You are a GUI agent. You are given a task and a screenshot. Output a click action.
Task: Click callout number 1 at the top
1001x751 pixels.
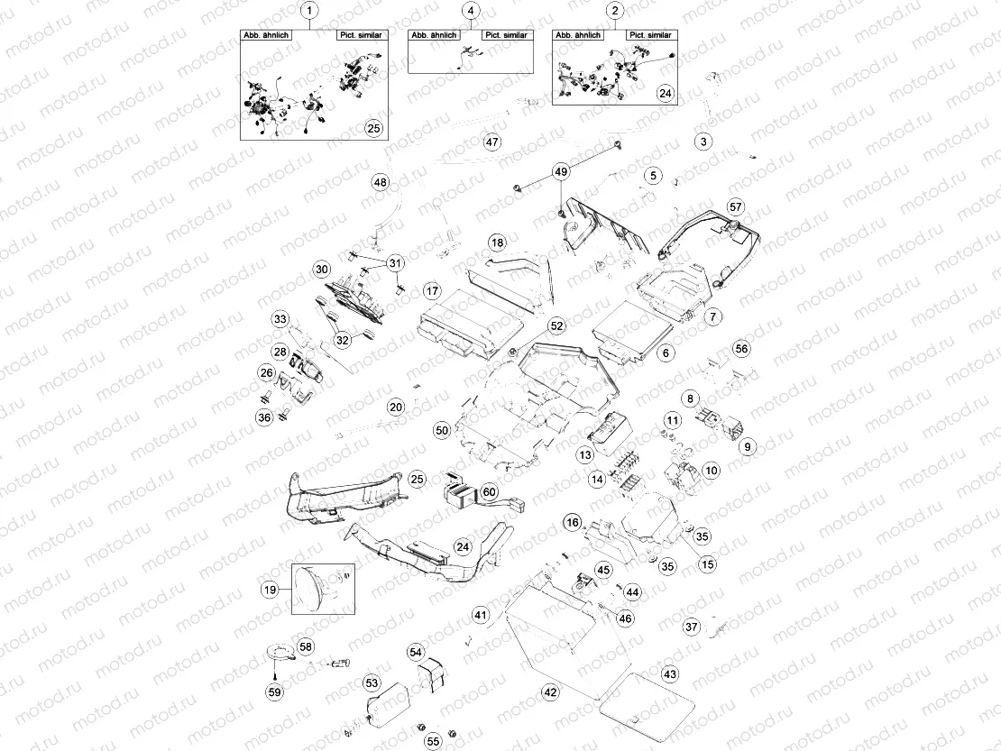pos(311,11)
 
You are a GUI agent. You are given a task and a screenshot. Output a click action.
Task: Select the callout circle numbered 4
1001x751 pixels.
pos(471,11)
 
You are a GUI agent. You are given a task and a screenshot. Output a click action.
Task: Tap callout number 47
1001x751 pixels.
pos(491,142)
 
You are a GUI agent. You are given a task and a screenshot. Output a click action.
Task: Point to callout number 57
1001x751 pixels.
pos(735,206)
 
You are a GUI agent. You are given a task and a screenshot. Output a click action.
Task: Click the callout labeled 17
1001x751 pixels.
pos(432,291)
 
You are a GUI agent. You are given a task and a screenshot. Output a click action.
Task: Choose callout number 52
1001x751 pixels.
pos(556,325)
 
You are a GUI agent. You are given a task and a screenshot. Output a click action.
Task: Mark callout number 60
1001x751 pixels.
pos(489,491)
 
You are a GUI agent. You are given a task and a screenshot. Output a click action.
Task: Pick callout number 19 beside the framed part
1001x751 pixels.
pos(269,591)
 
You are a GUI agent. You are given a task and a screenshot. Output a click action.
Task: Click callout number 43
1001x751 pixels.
pos(669,674)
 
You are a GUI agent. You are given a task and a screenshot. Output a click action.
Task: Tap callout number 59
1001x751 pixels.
pos(273,691)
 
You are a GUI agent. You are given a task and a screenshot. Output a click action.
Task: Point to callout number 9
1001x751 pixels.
pos(747,445)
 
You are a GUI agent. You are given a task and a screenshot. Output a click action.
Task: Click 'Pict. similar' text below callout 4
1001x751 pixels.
pos(506,35)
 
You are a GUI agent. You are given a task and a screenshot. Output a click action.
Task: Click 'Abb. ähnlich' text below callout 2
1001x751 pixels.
pos(577,35)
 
